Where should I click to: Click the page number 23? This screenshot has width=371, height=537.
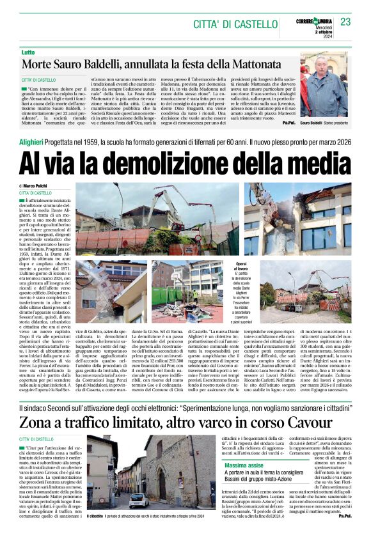pyautogui.click(x=346, y=22)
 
